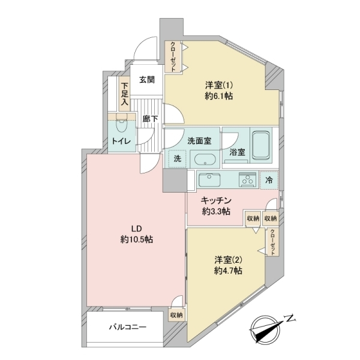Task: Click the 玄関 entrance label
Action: click(147, 80)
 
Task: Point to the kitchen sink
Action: click(209, 179)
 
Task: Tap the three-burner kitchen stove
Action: click(247, 179)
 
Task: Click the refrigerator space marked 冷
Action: click(269, 180)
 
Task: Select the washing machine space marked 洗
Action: click(177, 159)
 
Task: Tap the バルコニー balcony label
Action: click(127, 327)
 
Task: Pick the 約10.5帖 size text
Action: click(137, 239)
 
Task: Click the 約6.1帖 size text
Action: click(219, 96)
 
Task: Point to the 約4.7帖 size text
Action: click(228, 271)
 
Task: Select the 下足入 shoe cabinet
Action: click(124, 94)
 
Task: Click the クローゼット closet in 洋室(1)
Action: click(173, 57)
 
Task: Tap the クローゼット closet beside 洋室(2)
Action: click(272, 242)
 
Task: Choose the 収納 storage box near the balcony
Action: click(176, 315)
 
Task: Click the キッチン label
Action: click(216, 200)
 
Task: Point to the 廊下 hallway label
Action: click(150, 119)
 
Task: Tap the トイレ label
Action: click(121, 141)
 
